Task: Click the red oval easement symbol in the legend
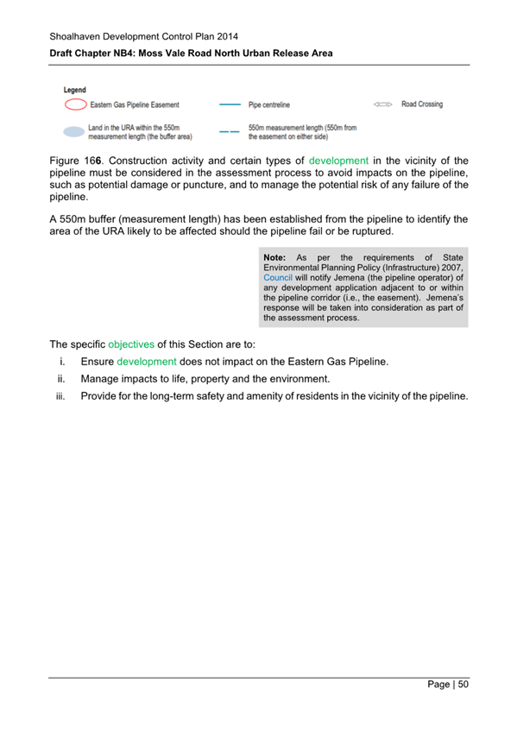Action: click(75, 105)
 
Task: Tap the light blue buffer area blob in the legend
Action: click(75, 132)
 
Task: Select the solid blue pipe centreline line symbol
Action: click(230, 105)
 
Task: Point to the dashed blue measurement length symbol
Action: click(230, 132)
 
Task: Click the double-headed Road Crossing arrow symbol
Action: click(383, 104)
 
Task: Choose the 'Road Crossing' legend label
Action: click(422, 104)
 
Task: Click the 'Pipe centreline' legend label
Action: click(269, 105)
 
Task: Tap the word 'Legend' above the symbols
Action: click(75, 90)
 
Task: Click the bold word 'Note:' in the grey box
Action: click(275, 257)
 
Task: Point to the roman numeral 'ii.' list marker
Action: click(62, 379)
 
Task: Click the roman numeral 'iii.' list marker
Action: click(60, 396)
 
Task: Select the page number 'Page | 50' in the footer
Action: click(448, 685)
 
